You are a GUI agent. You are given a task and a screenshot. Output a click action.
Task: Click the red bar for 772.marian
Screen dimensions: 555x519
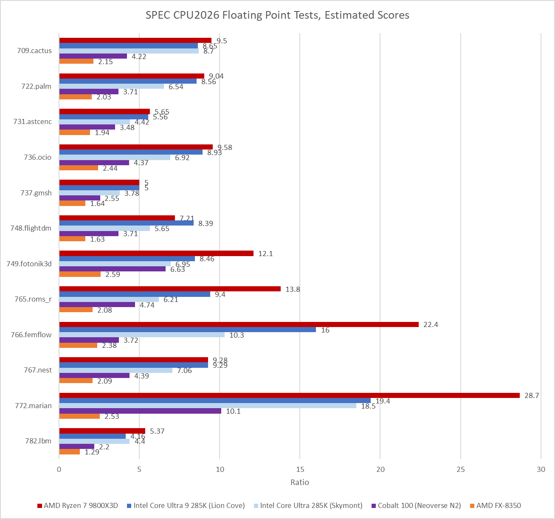(289, 395)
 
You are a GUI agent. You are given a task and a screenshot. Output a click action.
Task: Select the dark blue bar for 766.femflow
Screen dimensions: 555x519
(188, 330)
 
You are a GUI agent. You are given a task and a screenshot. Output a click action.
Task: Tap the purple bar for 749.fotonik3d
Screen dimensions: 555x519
(113, 269)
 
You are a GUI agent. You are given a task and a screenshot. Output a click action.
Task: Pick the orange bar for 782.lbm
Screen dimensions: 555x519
(70, 451)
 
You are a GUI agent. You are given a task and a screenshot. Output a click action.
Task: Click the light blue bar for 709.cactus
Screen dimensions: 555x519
(129, 51)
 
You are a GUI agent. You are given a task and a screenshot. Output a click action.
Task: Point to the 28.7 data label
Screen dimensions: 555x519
(532, 395)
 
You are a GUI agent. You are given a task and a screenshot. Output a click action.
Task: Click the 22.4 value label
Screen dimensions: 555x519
(431, 324)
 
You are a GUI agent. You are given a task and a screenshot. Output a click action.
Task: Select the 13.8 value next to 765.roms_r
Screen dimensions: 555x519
(293, 289)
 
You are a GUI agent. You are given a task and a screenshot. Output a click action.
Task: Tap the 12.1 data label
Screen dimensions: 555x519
(265, 254)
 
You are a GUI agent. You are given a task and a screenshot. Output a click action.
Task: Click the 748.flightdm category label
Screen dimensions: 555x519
(31, 228)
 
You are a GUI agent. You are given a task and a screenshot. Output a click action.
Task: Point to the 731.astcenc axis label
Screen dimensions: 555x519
(33, 121)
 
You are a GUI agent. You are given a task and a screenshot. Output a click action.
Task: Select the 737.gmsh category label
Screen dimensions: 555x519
(36, 193)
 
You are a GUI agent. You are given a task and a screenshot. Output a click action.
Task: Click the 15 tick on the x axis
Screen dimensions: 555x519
(300, 469)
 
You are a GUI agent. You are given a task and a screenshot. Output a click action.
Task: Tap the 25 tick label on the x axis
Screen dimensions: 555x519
(461, 469)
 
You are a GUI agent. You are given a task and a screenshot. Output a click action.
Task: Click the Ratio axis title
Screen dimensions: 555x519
(299, 482)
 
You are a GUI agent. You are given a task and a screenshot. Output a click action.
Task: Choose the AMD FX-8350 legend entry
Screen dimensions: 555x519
(496, 505)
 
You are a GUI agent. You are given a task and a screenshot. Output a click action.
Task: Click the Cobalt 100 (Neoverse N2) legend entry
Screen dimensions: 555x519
(416, 505)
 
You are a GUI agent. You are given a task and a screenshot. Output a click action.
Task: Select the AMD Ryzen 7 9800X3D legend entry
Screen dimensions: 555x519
(78, 505)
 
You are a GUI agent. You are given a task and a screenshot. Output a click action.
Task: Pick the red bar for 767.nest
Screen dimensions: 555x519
(134, 360)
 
